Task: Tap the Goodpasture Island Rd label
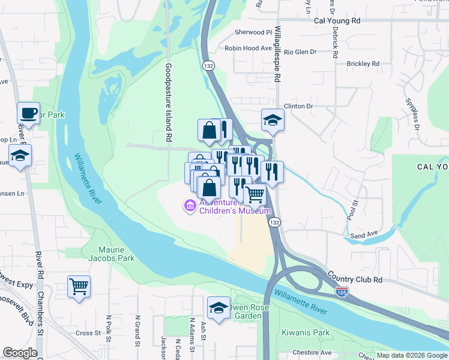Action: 169,103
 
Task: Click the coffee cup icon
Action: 28,113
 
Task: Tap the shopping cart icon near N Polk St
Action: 79,286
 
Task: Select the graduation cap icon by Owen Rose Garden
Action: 219,308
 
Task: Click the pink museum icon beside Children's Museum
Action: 190,206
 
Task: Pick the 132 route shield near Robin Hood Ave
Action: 208,65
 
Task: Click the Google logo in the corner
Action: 20,353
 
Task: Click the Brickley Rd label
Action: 363,63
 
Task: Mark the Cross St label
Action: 88,333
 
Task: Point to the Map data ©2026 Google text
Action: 411,355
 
